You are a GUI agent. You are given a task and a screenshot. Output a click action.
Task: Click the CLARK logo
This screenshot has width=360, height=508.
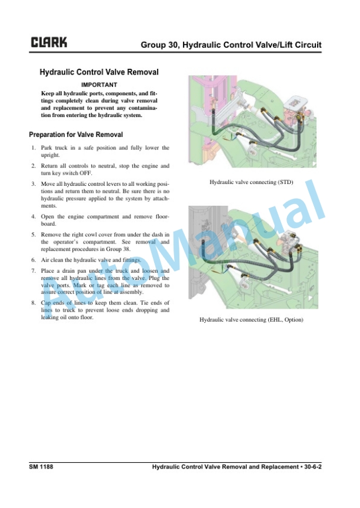[49, 42]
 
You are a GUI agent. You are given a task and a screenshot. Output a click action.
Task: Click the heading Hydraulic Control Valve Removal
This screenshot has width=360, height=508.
[99, 72]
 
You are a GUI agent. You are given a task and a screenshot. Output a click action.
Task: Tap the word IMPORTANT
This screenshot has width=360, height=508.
[99, 85]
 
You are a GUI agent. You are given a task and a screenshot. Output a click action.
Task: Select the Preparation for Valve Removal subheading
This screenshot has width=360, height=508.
[76, 135]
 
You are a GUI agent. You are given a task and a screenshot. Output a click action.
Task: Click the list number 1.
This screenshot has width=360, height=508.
[34, 148]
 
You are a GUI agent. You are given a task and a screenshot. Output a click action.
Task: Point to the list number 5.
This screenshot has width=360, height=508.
[34, 235]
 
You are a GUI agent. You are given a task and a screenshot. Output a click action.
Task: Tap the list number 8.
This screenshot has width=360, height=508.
[34, 303]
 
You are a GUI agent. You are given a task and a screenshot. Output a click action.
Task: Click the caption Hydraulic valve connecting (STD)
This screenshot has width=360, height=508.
[251, 182]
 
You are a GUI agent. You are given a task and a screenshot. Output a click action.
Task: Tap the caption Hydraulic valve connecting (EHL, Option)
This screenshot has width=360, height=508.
[251, 320]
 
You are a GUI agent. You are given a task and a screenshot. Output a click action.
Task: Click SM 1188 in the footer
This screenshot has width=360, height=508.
[41, 467]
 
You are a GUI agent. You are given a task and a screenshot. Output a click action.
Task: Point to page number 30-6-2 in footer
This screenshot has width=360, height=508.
[313, 467]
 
